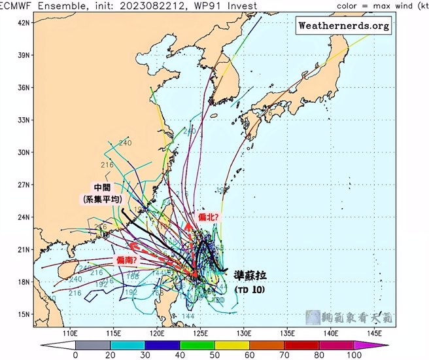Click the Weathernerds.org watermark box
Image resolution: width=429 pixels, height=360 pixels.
pyautogui.click(x=343, y=26)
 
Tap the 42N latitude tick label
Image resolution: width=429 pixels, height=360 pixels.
pyautogui.click(x=24, y=22)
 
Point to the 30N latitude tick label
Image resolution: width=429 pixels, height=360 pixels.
pyautogui.click(x=24, y=152)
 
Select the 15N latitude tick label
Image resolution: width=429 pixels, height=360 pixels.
pyautogui.click(x=24, y=314)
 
